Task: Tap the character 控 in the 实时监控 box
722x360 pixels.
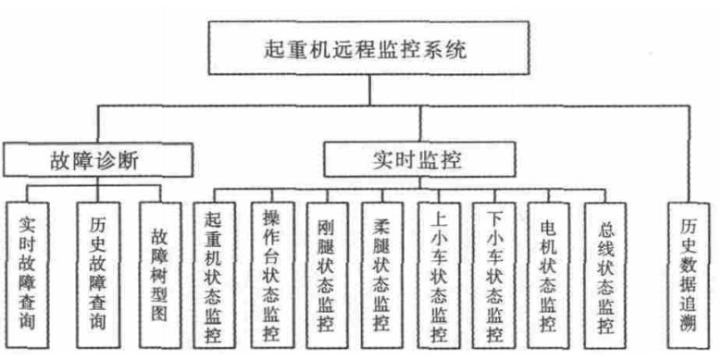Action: click(452, 159)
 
